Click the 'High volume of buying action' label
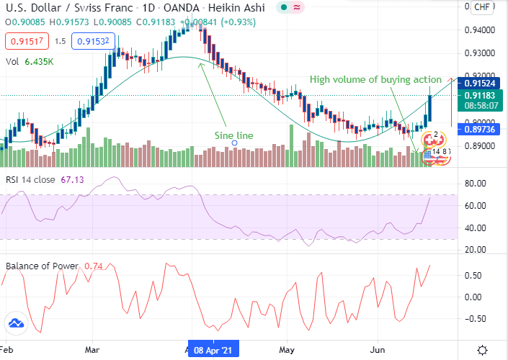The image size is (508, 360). point(375,78)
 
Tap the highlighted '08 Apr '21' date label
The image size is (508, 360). point(213,349)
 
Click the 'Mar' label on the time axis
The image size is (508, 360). point(92,349)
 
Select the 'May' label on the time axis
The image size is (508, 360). point(288,349)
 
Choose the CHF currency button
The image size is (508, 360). point(482,7)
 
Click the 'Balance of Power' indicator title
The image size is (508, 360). point(41,266)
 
